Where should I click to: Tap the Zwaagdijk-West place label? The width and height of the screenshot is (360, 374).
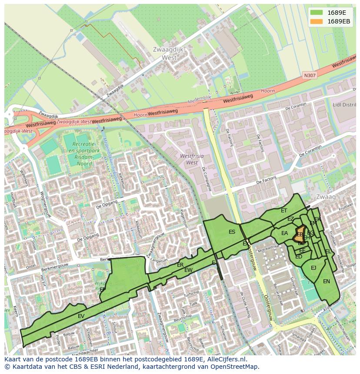[x=170, y=53]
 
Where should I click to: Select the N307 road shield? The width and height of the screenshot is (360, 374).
[x=310, y=76]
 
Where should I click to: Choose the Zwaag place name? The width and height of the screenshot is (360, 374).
[x=326, y=197]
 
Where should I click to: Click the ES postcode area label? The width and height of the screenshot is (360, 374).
[x=232, y=232]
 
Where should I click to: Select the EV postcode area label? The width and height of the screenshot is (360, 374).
[x=81, y=316]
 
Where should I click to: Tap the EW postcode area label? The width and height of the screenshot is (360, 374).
[x=188, y=270]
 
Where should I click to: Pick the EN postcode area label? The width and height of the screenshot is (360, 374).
[x=326, y=281]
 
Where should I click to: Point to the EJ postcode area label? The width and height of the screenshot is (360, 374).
[x=313, y=268]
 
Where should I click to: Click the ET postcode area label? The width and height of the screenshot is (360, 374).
[x=284, y=211]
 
